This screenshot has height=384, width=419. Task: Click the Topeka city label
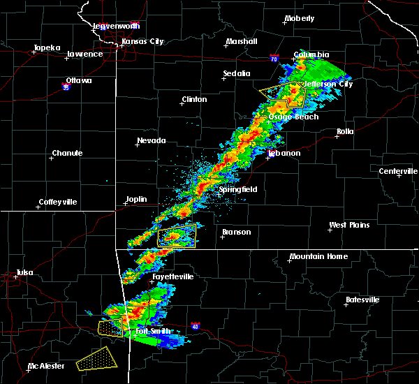[x=47, y=47]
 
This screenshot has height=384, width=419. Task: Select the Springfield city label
[x=238, y=189]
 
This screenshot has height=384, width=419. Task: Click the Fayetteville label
[x=173, y=276]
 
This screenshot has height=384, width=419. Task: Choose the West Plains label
[x=350, y=225]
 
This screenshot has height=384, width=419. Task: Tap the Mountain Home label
[x=318, y=256]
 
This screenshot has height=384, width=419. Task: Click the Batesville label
[x=364, y=300]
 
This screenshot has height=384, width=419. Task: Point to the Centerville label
[x=398, y=171]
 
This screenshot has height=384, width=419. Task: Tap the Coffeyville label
[x=59, y=202]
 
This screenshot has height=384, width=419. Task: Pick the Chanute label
[x=67, y=153]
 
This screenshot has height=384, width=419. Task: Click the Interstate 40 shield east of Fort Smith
[x=195, y=325]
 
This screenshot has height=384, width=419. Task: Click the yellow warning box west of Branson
[x=176, y=237]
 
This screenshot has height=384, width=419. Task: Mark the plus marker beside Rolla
[x=337, y=137]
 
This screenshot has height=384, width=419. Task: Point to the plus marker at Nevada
[x=138, y=145]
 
